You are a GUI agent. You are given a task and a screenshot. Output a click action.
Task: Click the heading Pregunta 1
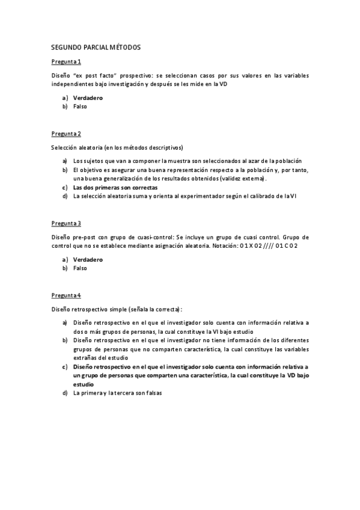click(x=66, y=62)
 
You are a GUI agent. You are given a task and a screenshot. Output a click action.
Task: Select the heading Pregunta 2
click(x=66, y=133)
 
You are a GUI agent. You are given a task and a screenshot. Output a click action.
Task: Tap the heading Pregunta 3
click(x=66, y=223)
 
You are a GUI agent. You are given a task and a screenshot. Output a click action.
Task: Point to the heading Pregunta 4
click(x=66, y=295)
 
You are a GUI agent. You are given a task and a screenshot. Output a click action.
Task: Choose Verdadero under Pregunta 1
click(x=88, y=97)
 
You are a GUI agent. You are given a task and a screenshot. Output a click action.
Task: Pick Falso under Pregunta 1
click(x=80, y=106)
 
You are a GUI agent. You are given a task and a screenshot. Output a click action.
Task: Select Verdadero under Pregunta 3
click(x=88, y=259)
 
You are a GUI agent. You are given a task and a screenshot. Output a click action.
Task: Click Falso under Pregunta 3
click(x=80, y=268)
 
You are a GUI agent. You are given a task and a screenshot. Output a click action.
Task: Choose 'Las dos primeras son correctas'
click(x=115, y=187)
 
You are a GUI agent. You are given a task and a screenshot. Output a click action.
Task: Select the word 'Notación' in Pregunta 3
click(x=223, y=245)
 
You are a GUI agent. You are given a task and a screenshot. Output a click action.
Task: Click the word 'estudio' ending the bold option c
click(x=84, y=383)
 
